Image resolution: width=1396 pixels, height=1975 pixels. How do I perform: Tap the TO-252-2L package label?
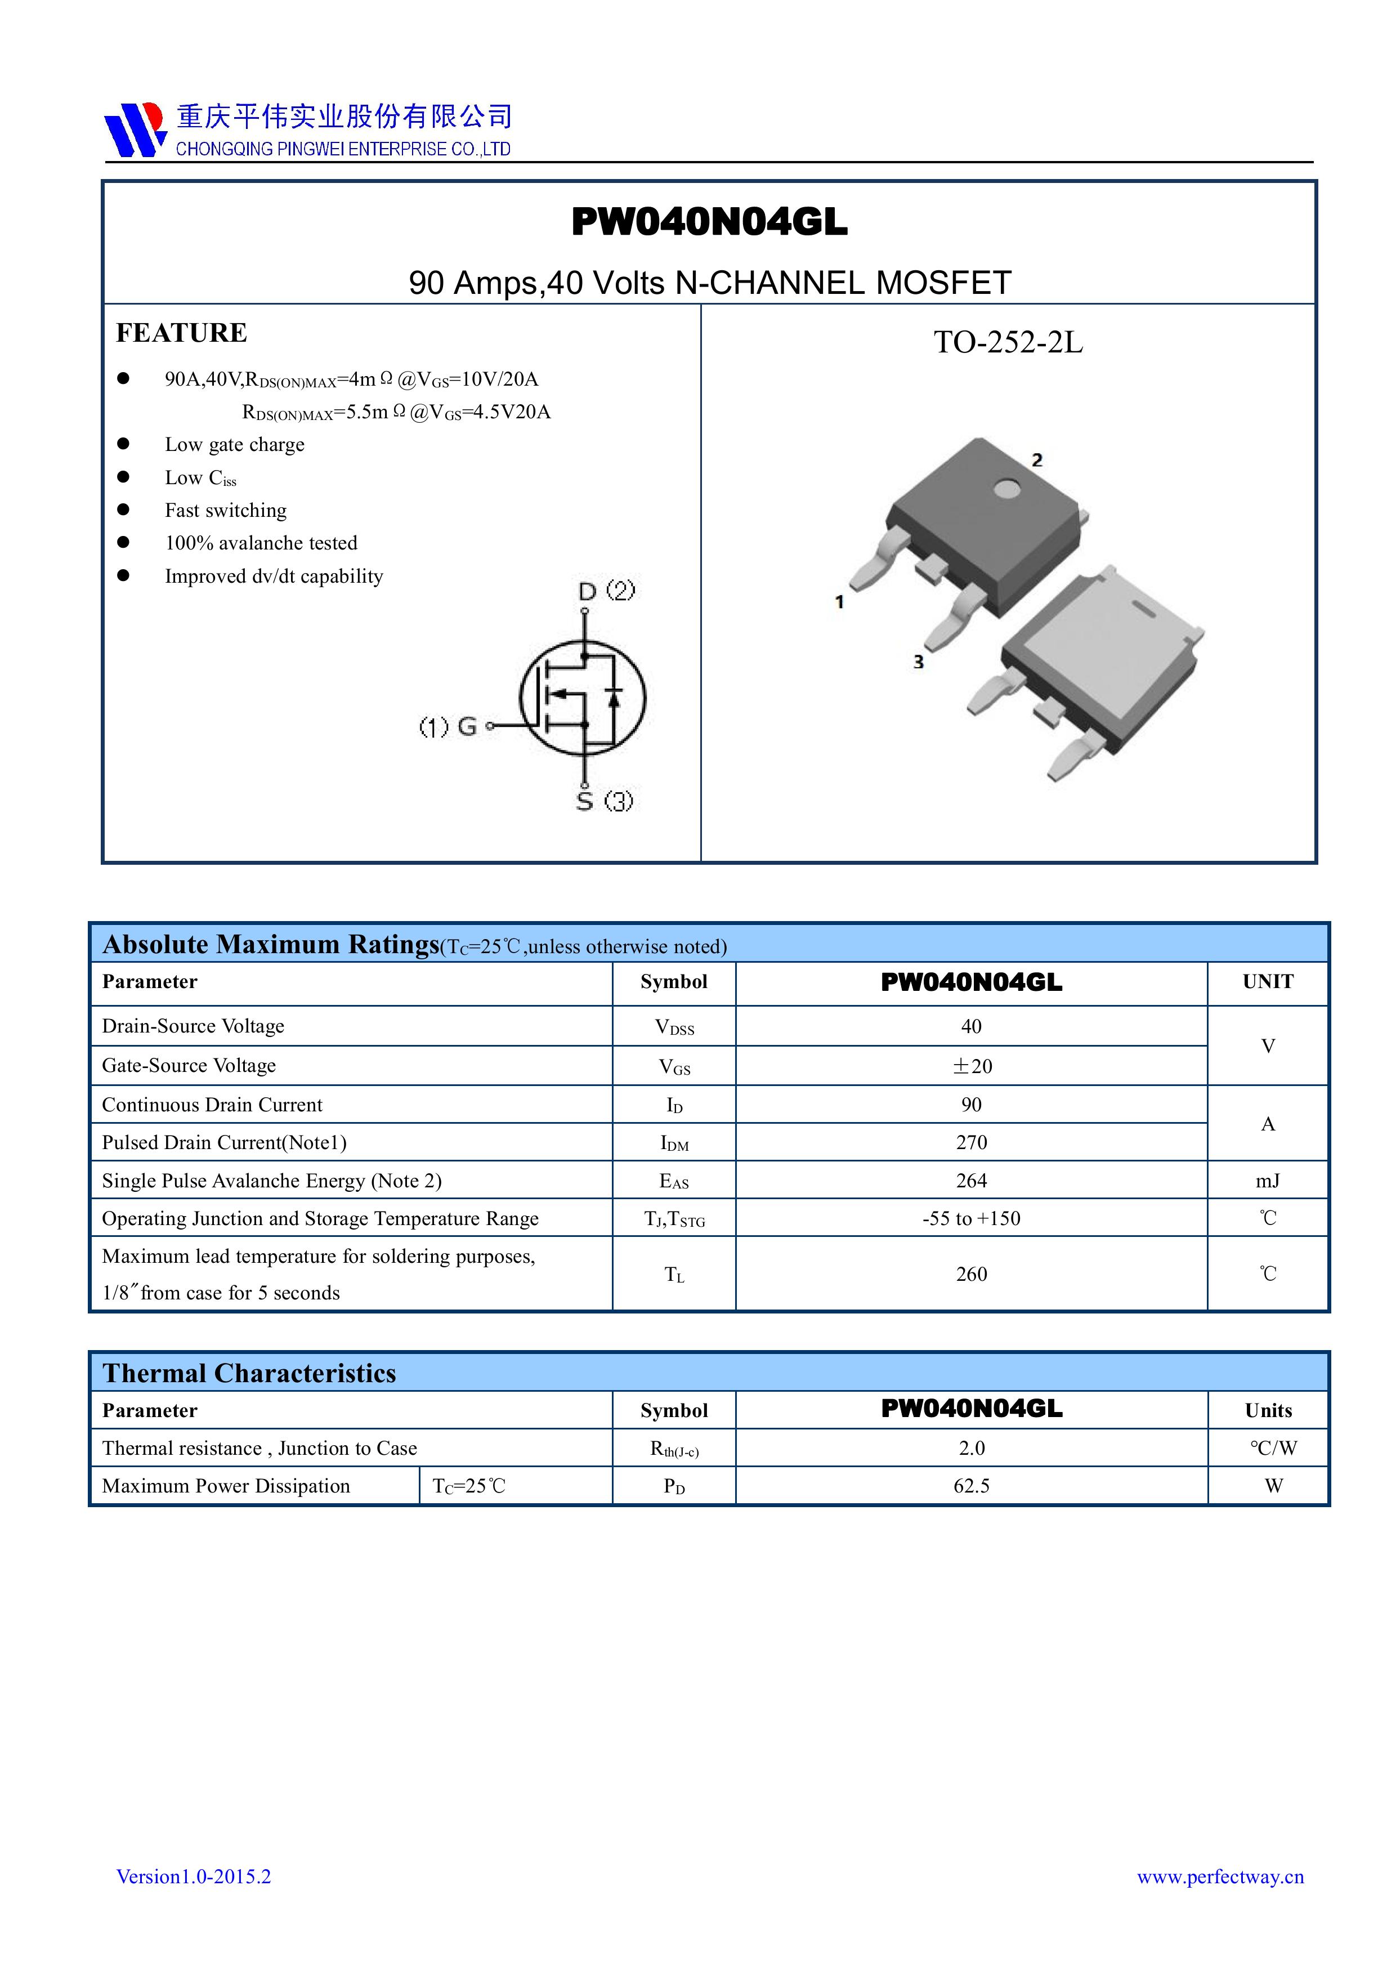pos(1008,342)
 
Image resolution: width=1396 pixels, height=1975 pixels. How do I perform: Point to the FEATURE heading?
pos(181,333)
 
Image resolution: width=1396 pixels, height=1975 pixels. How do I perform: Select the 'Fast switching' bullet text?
pos(225,510)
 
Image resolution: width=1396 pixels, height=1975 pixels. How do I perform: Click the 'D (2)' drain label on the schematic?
pos(606,591)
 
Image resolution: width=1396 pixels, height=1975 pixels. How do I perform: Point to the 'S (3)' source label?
pos(604,801)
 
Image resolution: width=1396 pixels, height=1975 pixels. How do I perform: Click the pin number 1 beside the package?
pos(839,602)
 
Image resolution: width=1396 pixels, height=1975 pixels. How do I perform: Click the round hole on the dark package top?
pos(1005,489)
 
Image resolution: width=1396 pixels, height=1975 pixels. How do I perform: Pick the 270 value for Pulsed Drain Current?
pos(971,1142)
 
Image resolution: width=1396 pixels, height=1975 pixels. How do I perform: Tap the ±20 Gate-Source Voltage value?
pos(971,1066)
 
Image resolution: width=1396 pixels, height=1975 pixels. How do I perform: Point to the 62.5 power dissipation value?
pos(971,1486)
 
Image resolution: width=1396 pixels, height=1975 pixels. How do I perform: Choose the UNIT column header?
pos(1267,981)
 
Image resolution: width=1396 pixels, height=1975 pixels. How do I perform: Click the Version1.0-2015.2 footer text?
pos(194,1876)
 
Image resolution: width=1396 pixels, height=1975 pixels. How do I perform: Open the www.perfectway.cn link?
pos(1220,1876)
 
